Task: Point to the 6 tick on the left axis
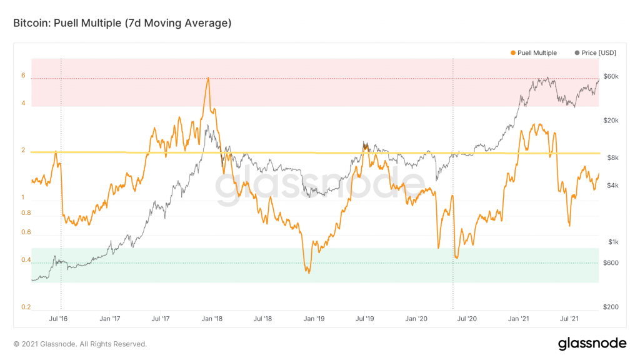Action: click(23, 76)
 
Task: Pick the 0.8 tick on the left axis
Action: click(26, 213)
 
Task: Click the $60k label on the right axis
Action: click(610, 76)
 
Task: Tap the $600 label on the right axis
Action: click(610, 262)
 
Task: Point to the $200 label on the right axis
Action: click(610, 307)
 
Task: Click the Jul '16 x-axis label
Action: click(58, 319)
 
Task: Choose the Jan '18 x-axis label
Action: click(212, 319)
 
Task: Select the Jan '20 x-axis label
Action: click(417, 319)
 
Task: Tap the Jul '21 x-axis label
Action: click(570, 319)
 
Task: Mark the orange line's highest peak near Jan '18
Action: click(207, 78)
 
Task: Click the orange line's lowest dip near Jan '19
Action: click(307, 272)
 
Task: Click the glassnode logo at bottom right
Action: click(591, 343)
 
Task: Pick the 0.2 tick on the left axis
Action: click(26, 307)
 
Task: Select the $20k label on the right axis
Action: click(610, 121)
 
